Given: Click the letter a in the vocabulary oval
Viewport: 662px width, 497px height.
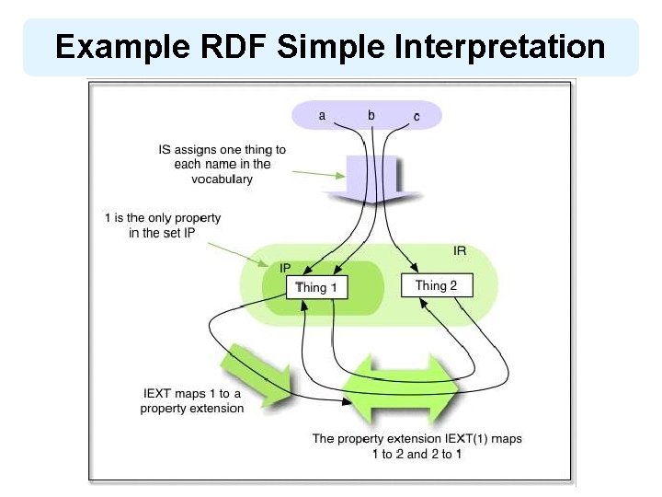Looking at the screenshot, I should pos(322,115).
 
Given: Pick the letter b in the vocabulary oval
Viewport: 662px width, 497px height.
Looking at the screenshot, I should pos(371,115).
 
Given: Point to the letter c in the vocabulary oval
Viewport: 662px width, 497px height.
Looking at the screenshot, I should pos(417,116).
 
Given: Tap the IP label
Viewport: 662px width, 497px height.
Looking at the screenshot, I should pos(285,268).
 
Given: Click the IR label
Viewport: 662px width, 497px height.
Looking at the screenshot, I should pos(460,250).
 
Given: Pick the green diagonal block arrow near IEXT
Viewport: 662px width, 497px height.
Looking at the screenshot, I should pos(260,373).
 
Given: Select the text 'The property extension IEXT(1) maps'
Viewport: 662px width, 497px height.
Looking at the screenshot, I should pos(417,438).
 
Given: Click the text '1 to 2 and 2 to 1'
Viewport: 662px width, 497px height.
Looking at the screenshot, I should pos(417,454).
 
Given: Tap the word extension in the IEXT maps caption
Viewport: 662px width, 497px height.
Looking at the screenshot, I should pos(217,408).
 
